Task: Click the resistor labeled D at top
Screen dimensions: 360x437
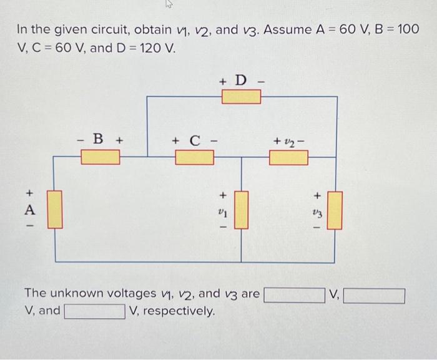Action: [x=242, y=97]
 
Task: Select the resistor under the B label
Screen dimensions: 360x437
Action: [x=101, y=157]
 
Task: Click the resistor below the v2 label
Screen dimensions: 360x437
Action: [x=288, y=157]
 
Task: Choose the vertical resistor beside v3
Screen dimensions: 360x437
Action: [x=335, y=210]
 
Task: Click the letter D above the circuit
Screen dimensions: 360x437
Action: [x=242, y=80]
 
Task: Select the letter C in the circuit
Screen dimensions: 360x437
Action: [x=194, y=139]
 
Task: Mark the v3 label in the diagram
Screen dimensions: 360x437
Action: [x=317, y=211]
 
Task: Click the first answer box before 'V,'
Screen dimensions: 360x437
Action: [x=294, y=293]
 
